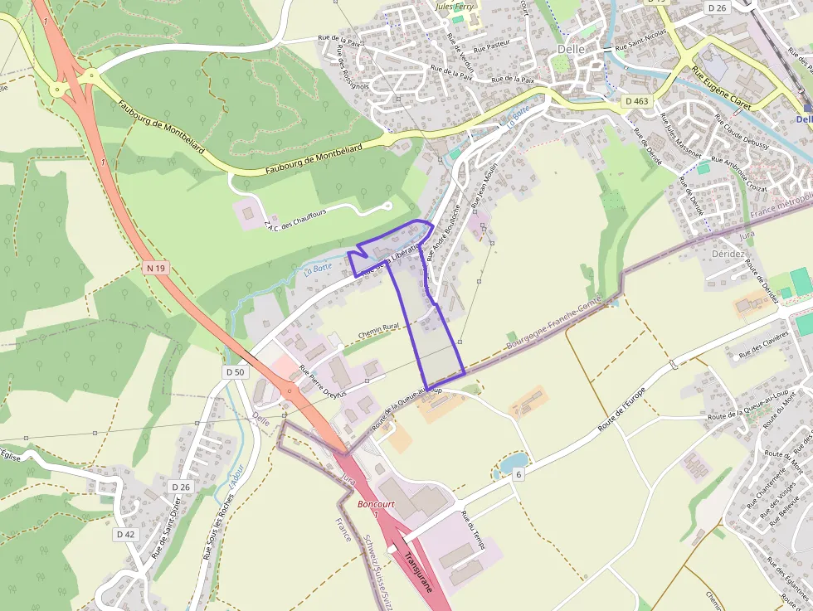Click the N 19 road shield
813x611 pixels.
pos(155,268)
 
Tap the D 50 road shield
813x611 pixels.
pos(236,372)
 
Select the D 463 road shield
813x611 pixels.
pos(636,101)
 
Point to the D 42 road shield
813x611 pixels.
pos(125,535)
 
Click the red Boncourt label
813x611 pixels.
pos(375,504)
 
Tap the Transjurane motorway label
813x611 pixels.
pos(418,573)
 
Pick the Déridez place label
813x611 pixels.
pos(728,254)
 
